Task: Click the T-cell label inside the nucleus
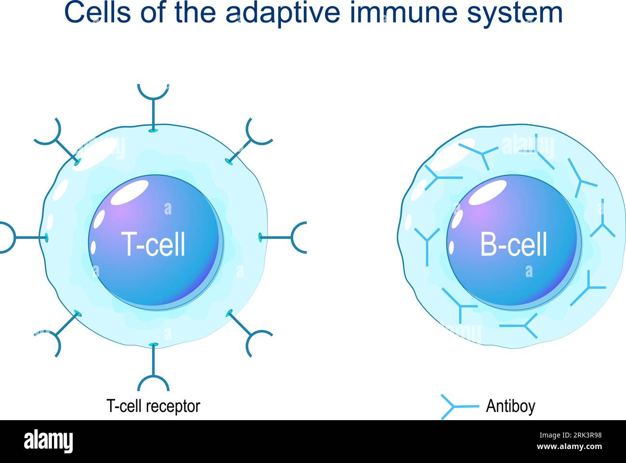tap(153, 244)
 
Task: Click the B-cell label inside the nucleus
tap(513, 245)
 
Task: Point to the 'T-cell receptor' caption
tap(153, 406)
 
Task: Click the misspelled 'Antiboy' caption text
tap(510, 406)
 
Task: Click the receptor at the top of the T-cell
tap(153, 104)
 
